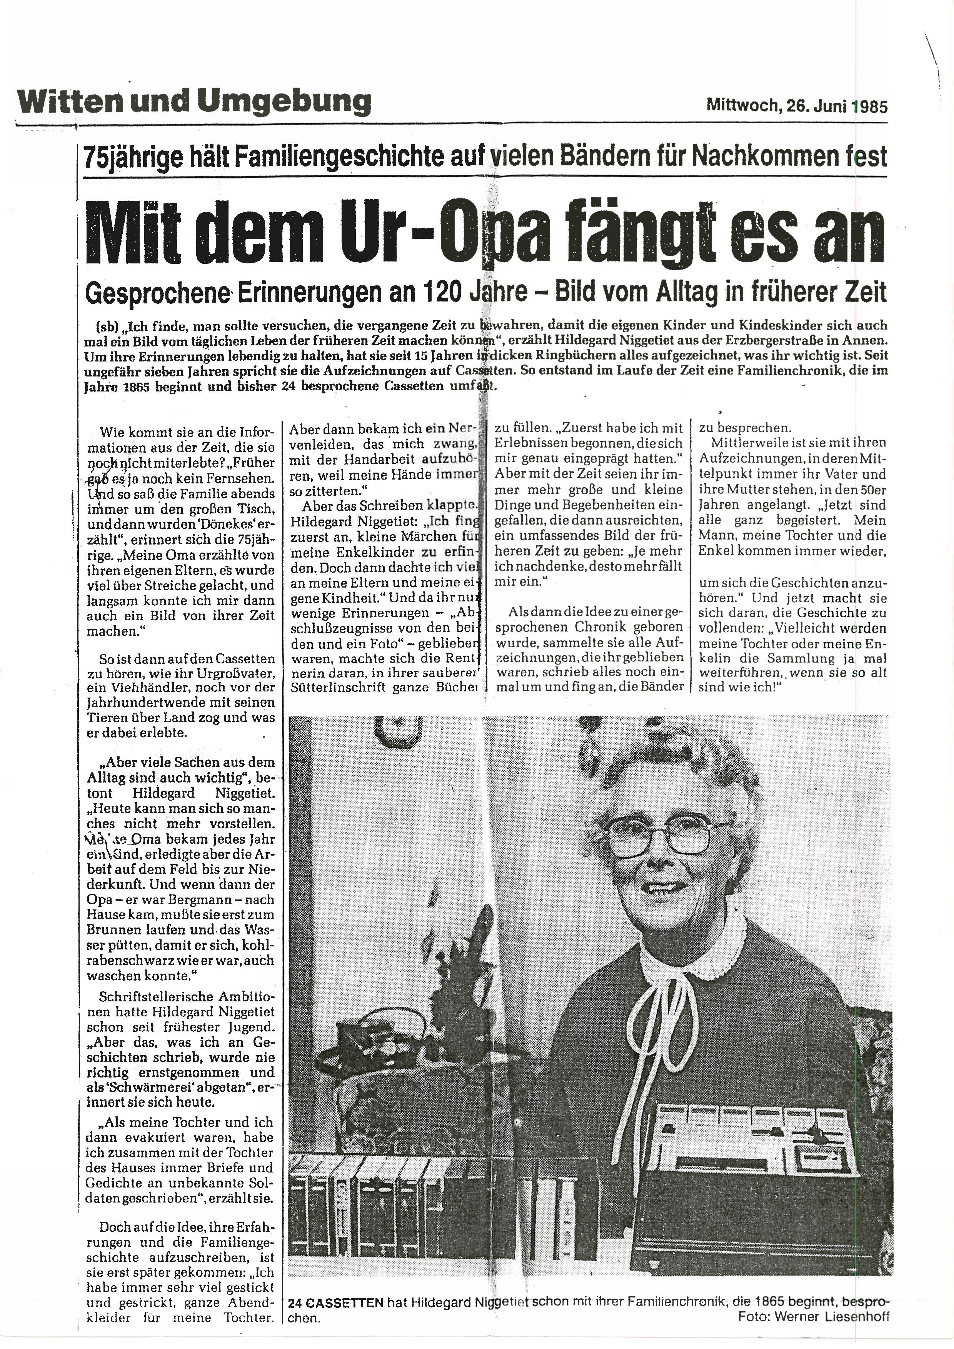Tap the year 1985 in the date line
coord(868,107)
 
